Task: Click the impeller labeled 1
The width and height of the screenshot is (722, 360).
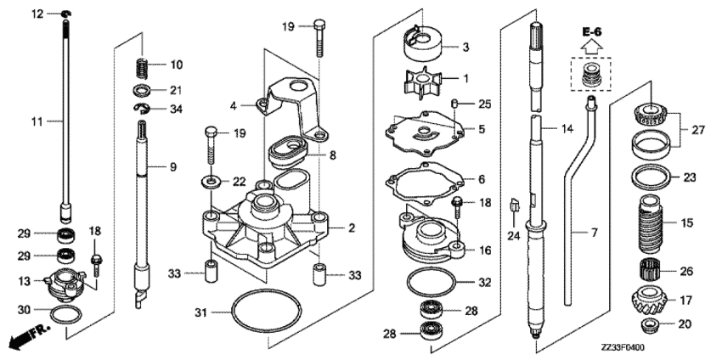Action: tap(420, 83)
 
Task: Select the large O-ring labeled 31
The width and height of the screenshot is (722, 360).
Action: tap(267, 312)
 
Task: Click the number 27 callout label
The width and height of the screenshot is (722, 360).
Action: tap(698, 130)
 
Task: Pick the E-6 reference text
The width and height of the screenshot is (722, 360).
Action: tap(592, 31)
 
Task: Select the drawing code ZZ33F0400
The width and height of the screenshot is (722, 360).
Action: tap(622, 347)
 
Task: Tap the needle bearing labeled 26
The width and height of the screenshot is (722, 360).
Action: tap(650, 270)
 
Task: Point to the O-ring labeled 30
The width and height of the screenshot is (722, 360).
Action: tap(65, 314)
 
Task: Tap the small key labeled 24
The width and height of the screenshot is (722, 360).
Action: tap(514, 205)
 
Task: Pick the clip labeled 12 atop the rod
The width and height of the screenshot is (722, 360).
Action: tap(66, 14)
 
